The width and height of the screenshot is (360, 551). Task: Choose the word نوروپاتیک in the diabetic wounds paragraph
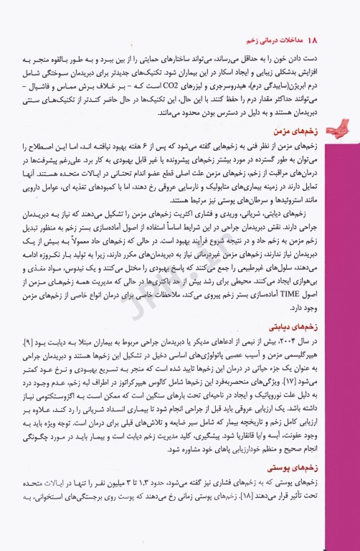pos(304,418)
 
